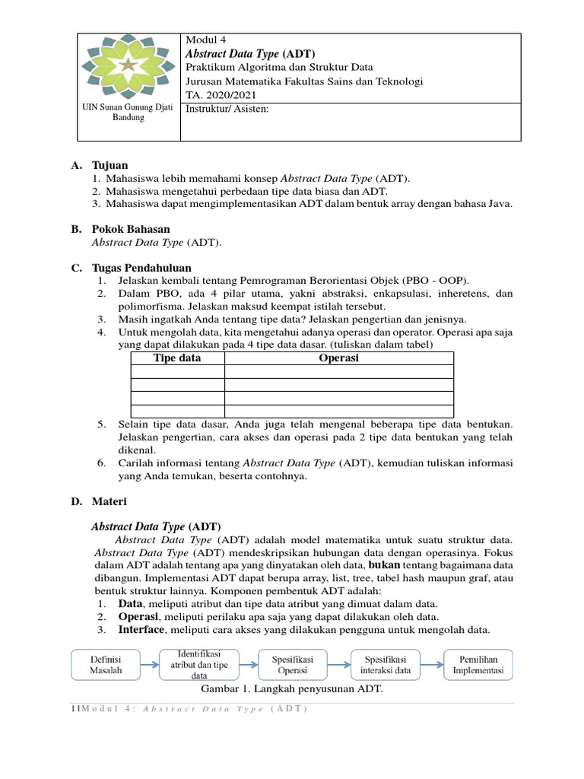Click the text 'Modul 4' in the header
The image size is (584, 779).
point(206,40)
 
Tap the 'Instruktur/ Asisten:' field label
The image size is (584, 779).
point(227,109)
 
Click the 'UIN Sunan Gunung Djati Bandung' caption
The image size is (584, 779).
point(128,113)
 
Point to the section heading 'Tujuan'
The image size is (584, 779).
point(109,165)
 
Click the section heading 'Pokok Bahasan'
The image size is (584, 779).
point(130,229)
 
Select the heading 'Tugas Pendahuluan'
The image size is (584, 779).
point(141,268)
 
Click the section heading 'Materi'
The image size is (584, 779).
point(109,502)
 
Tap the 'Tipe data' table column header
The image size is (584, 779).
point(177,358)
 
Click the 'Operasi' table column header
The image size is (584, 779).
point(338,358)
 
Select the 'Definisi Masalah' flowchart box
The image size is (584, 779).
point(106,664)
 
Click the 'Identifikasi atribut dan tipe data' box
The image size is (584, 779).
point(199,664)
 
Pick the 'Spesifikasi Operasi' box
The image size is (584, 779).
point(293,664)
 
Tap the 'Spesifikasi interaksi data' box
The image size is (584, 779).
point(386,664)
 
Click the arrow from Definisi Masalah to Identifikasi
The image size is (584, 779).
point(150,664)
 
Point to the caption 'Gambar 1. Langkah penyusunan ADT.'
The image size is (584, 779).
point(291,689)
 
